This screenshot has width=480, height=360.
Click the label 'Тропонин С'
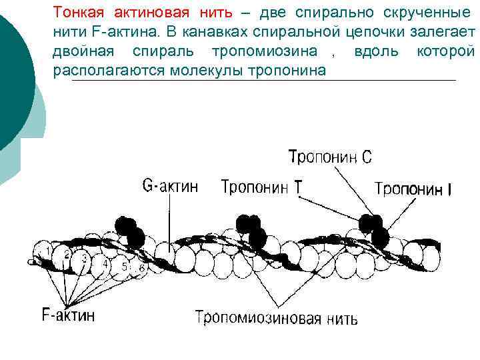[x=330, y=158]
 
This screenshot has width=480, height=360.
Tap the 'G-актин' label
[x=171, y=186]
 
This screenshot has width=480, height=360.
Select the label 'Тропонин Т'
[x=261, y=188]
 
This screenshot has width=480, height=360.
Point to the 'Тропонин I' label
[x=413, y=190]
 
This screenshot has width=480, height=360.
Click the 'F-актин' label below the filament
[x=68, y=315]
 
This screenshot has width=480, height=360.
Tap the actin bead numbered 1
[x=48, y=251]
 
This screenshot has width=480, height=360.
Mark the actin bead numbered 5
[x=124, y=266]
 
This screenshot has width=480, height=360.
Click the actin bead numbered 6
[x=141, y=268]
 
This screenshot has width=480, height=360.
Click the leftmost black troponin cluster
[x=130, y=232]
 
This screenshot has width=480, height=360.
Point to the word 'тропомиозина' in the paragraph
[x=263, y=51]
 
